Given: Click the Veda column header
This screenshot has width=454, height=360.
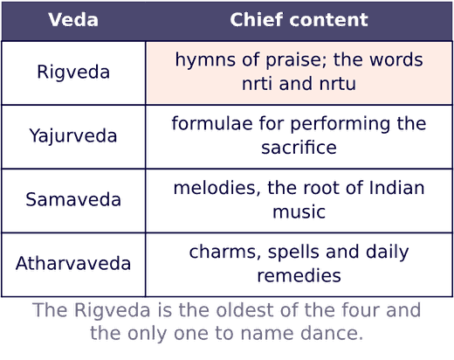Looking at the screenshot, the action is (73, 20).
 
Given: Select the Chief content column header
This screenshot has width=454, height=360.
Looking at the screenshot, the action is (299, 20).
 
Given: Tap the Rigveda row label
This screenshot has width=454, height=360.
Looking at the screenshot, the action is (73, 72).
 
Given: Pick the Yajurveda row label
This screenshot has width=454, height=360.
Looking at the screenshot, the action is (73, 136).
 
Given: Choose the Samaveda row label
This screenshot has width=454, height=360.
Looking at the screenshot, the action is (73, 199).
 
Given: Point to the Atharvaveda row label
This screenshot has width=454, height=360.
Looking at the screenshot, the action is (73, 264).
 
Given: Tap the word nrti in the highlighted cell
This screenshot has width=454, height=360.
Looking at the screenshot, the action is (258, 84).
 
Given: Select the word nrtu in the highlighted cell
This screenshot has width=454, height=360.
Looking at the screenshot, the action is (338, 84).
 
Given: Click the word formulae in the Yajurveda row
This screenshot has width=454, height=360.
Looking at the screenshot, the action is (212, 123).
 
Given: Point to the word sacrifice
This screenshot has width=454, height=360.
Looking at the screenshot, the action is (299, 148).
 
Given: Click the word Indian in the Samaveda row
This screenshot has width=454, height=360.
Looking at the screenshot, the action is (396, 187).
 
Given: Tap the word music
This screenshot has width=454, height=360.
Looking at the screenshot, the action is (299, 211).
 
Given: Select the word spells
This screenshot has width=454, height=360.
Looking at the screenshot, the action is (294, 253).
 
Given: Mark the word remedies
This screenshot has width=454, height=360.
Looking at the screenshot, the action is (299, 275).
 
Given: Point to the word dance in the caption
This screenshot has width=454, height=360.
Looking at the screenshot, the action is (332, 333).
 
